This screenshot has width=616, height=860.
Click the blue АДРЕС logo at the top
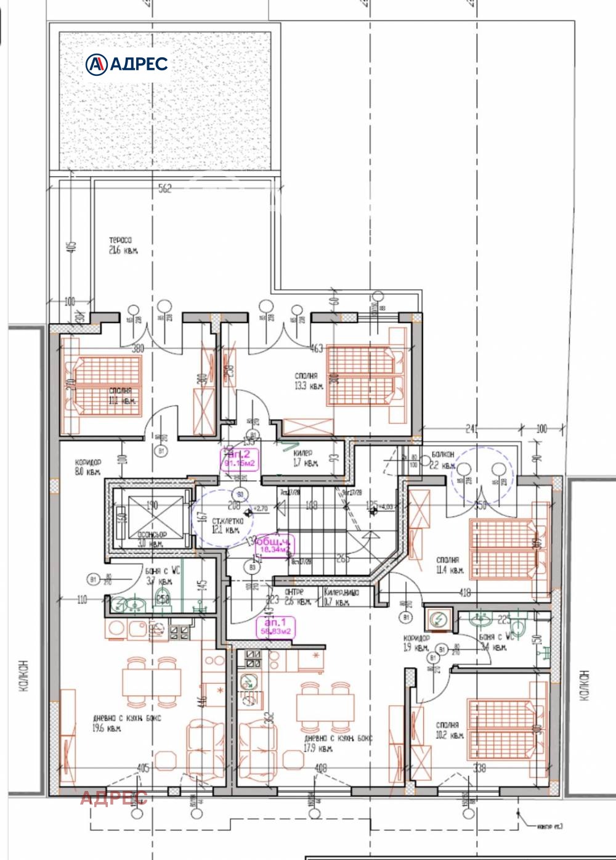pyautogui.click(x=127, y=63)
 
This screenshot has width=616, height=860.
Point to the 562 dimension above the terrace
pyautogui.click(x=165, y=189)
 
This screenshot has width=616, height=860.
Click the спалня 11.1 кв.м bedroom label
pyautogui.click(x=121, y=396)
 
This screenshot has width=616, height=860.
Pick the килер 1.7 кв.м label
pyautogui.click(x=305, y=457)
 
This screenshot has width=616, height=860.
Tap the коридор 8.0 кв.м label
pyautogui.click(x=87, y=467)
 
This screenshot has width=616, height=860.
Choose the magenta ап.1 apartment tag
pyautogui.click(x=275, y=627)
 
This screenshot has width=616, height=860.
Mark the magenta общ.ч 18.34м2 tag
pyautogui.click(x=274, y=545)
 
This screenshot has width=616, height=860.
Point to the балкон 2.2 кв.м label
pyautogui.click(x=443, y=459)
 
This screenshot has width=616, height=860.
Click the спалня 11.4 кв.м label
pyautogui.click(x=448, y=565)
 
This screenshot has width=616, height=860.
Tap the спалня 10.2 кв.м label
pyautogui.click(x=448, y=730)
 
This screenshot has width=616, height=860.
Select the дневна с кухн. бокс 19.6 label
pyautogui.click(x=126, y=723)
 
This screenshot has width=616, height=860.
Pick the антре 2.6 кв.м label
pyautogui.click(x=297, y=596)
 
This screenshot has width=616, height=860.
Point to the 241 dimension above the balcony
pyautogui.click(x=471, y=428)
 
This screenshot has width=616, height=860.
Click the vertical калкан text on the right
pyautogui.click(x=584, y=684)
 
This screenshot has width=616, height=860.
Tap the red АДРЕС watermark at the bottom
pyautogui.click(x=113, y=798)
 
